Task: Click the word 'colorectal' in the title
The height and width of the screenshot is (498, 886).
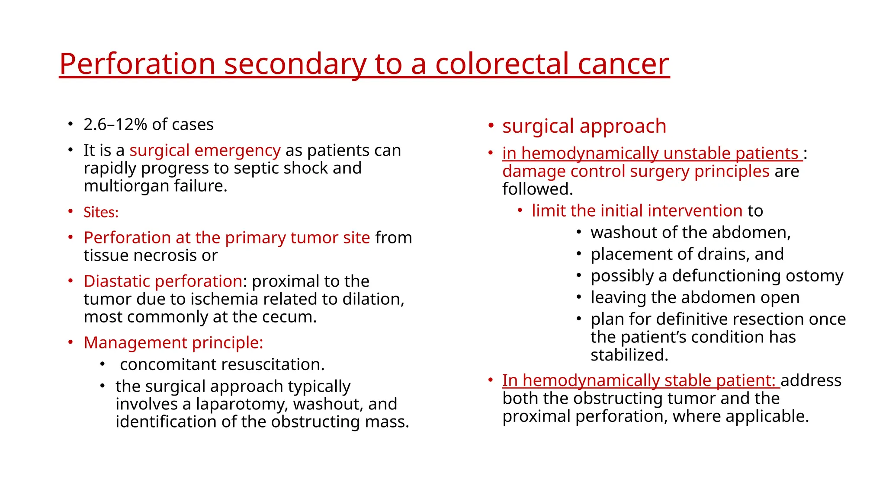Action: tap(502, 64)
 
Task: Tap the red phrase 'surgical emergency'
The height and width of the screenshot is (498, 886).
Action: tap(205, 150)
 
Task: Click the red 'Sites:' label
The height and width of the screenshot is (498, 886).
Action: tap(101, 212)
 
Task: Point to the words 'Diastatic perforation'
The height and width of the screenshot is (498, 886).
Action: tap(163, 281)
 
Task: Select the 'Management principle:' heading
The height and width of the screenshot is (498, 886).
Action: tap(173, 343)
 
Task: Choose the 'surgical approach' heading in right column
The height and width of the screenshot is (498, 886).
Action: tap(584, 126)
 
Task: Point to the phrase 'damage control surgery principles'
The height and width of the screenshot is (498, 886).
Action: tap(636, 171)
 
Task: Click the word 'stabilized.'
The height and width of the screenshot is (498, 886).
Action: tap(629, 355)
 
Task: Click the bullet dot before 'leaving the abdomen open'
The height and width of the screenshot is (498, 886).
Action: tap(579, 297)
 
